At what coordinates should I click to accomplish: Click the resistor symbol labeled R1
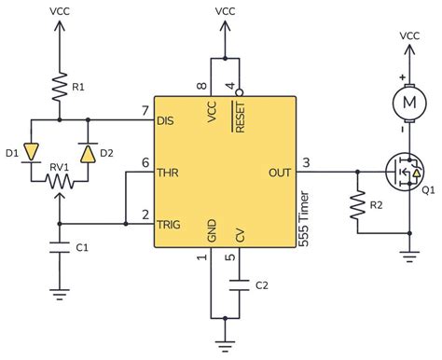click(x=59, y=87)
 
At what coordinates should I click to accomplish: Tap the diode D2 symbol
click(x=88, y=151)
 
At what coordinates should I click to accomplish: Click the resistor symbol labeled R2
click(x=355, y=205)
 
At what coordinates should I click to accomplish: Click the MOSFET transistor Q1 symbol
click(x=403, y=172)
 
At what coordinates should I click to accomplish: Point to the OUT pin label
click(x=280, y=172)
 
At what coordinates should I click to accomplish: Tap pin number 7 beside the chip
click(x=145, y=111)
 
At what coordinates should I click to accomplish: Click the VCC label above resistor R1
click(x=59, y=11)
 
